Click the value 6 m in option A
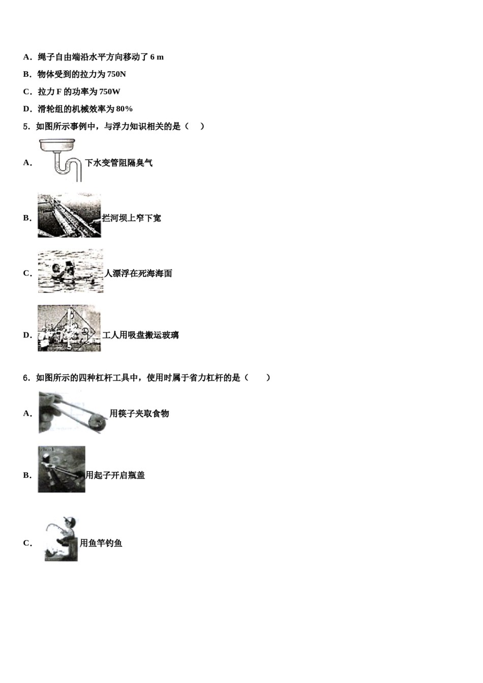[x=157, y=57]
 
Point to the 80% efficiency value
[x=124, y=109]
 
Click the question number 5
[x=26, y=127]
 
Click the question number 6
[x=26, y=378]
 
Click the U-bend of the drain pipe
[x=64, y=168]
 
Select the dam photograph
[x=69, y=215]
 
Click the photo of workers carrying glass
[x=69, y=328]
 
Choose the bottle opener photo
[x=62, y=470]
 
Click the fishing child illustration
[x=61, y=539]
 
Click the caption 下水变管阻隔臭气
[x=118, y=163]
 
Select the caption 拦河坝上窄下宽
[x=131, y=218]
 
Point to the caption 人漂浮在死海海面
[x=138, y=273]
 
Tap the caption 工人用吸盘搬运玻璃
[x=140, y=335]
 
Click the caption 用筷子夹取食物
[x=139, y=414]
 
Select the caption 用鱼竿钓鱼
[x=101, y=543]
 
